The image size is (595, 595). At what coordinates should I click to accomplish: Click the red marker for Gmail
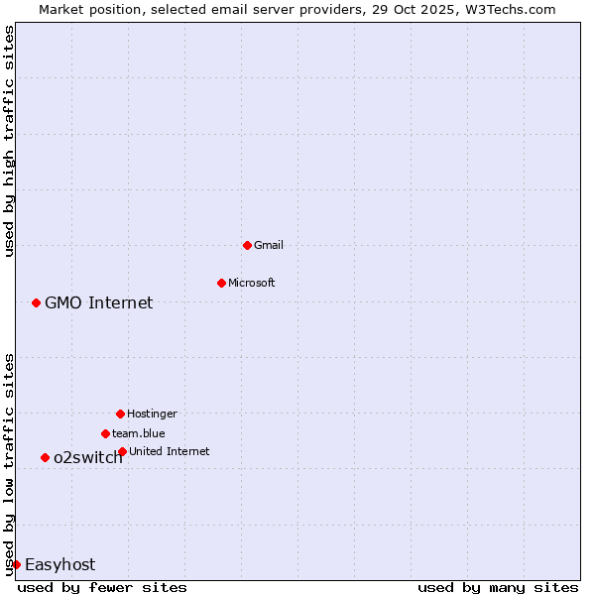click(x=247, y=245)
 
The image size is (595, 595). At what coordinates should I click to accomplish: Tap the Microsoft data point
click(x=221, y=283)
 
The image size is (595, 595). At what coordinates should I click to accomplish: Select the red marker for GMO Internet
click(x=36, y=302)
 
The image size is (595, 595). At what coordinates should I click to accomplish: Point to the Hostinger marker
click(x=120, y=414)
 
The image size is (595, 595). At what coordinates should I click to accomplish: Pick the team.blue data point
click(x=105, y=433)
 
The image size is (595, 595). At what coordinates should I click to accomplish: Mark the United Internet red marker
click(x=122, y=451)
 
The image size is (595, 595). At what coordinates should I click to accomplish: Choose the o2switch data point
click(x=45, y=457)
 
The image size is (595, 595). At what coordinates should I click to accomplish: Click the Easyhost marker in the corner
click(x=16, y=564)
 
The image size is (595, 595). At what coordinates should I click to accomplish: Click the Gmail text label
click(x=269, y=245)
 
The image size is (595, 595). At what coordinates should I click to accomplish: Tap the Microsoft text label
click(x=252, y=283)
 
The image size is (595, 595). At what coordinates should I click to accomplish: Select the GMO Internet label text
click(x=99, y=302)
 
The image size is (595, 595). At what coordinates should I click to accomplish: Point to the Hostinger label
click(x=152, y=414)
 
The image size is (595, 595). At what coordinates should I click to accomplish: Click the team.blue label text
click(x=139, y=433)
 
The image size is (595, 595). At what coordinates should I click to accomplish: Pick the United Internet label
click(x=170, y=451)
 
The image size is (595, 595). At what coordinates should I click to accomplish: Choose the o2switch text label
click(x=88, y=457)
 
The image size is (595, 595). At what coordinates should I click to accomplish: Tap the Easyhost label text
click(x=60, y=564)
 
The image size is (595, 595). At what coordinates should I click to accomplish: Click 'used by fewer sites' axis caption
click(x=102, y=587)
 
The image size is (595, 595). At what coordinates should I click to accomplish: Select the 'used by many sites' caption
click(x=498, y=587)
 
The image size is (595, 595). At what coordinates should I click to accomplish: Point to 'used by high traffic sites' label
click(x=9, y=141)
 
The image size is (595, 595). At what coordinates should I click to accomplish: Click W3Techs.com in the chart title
click(x=512, y=9)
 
